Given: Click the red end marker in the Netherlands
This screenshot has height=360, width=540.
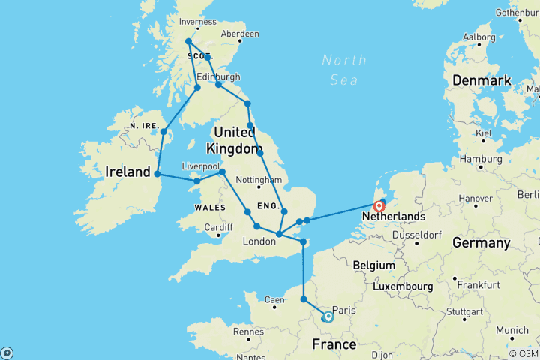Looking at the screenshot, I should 379,205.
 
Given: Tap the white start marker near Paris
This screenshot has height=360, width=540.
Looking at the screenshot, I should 328,317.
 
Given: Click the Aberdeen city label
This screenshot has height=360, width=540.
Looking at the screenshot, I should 240,34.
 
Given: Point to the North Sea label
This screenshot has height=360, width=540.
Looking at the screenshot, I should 344,67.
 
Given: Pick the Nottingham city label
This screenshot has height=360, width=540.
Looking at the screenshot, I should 256,180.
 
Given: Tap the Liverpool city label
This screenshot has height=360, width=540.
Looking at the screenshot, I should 200,166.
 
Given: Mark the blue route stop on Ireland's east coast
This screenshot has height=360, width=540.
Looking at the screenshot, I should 157,174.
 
